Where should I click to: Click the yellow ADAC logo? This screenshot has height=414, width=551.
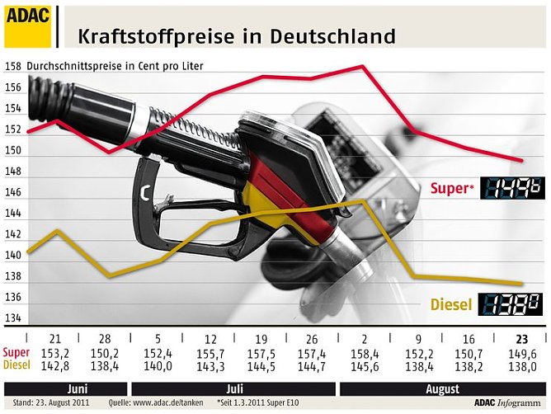[27, 25]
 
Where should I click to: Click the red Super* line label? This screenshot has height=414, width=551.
[452, 188]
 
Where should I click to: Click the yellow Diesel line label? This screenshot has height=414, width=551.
[450, 305]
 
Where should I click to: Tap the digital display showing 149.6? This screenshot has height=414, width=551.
[512, 188]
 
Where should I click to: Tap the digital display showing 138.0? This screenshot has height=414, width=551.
[512, 303]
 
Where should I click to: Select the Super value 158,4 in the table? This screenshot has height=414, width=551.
[364, 354]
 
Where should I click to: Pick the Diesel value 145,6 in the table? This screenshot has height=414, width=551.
[364, 365]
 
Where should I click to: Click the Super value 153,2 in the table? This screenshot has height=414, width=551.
[55, 354]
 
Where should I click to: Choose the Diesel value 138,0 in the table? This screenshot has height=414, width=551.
[520, 365]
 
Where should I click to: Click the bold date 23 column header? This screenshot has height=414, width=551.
[520, 339]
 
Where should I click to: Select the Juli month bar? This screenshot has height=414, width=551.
[234, 388]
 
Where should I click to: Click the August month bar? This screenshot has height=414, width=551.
[442, 388]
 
